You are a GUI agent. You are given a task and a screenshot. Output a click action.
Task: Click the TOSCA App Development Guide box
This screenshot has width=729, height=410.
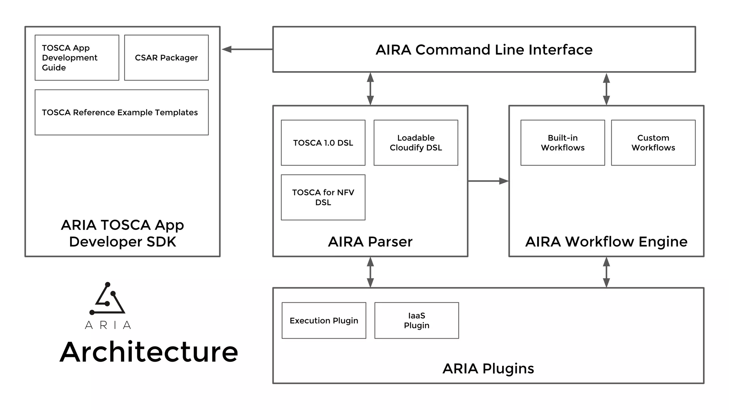tap(77, 58)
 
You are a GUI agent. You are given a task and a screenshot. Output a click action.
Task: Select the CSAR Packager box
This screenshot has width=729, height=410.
tap(166, 58)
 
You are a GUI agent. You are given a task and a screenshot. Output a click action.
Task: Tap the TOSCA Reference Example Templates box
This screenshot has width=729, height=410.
tap(121, 112)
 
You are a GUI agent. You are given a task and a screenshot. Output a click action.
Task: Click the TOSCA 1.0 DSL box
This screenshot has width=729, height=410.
tap(323, 143)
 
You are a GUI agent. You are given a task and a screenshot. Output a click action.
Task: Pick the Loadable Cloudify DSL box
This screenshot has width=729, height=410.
tap(416, 143)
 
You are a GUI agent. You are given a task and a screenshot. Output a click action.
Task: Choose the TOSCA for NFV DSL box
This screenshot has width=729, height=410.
tap(323, 197)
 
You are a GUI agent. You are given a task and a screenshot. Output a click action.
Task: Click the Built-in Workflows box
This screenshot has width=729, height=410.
tap(562, 143)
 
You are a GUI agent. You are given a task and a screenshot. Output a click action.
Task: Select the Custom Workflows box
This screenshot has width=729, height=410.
tap(653, 143)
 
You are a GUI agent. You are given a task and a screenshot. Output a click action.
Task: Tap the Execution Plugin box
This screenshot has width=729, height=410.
tap(324, 320)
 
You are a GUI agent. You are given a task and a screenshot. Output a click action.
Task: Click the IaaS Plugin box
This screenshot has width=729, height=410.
tap(416, 320)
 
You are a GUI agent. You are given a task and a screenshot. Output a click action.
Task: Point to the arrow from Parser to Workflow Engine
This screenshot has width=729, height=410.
tap(488, 181)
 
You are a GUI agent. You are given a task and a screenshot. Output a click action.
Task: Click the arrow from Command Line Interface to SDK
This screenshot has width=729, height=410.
tap(247, 49)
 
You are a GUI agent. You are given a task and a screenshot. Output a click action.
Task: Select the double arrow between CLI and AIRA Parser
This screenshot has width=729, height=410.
tap(370, 89)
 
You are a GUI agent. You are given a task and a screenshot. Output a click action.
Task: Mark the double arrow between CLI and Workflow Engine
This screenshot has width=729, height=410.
tap(607, 89)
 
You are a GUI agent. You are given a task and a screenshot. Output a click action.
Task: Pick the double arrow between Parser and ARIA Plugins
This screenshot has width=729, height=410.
tap(370, 272)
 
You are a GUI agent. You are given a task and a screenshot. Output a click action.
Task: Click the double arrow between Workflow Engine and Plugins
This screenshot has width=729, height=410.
tap(607, 272)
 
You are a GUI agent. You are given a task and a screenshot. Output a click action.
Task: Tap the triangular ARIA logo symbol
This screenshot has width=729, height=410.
tap(107, 300)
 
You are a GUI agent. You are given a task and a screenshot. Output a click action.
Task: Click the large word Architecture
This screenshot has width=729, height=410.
tap(149, 352)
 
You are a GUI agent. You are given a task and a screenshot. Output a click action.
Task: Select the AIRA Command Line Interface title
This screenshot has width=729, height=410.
tap(484, 50)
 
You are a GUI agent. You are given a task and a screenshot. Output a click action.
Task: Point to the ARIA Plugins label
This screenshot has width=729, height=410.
tap(488, 369)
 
